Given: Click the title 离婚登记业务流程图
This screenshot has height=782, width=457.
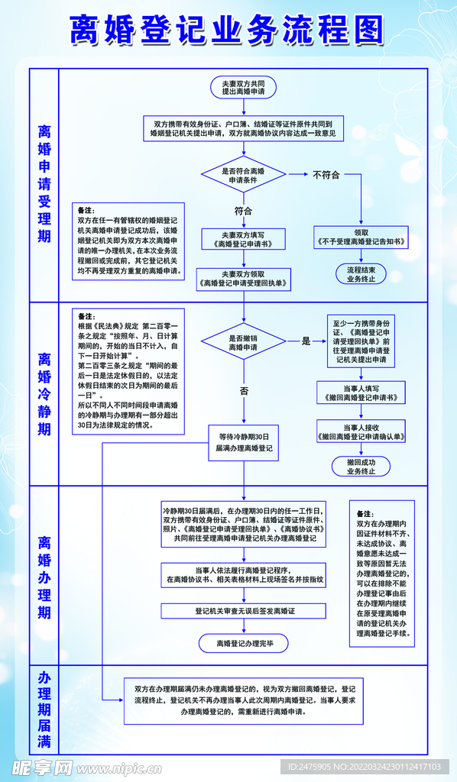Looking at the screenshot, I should click(228, 31).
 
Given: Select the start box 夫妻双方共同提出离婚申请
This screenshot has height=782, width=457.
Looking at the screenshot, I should click(243, 86).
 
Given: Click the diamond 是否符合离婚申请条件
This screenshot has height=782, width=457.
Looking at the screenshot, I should click(243, 175).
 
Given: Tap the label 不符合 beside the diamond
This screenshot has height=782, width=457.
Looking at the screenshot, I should click(326, 175).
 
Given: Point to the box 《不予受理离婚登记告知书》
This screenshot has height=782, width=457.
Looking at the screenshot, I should click(361, 238).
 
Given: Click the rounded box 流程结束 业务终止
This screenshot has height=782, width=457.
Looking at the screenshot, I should click(361, 274).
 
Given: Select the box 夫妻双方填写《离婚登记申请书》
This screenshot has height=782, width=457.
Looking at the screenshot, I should click(243, 239).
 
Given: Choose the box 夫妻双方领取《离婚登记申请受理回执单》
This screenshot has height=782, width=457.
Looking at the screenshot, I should click(243, 279).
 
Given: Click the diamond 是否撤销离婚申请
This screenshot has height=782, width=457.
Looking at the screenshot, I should click(243, 341).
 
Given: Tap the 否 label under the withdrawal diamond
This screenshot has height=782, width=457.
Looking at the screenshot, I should click(244, 390).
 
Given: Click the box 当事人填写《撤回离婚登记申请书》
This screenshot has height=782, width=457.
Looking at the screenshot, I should click(361, 393).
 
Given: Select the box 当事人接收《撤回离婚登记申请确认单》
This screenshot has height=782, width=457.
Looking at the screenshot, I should click(361, 432).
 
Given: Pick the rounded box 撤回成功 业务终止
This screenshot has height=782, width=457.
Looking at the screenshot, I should click(361, 467).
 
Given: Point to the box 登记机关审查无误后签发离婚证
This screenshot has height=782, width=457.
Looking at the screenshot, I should click(245, 611).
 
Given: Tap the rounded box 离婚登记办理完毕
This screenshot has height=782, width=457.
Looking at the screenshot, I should click(245, 644).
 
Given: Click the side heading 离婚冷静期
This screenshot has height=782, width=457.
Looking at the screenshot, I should click(45, 393).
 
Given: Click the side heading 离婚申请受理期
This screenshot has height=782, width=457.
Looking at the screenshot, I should click(45, 183).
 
